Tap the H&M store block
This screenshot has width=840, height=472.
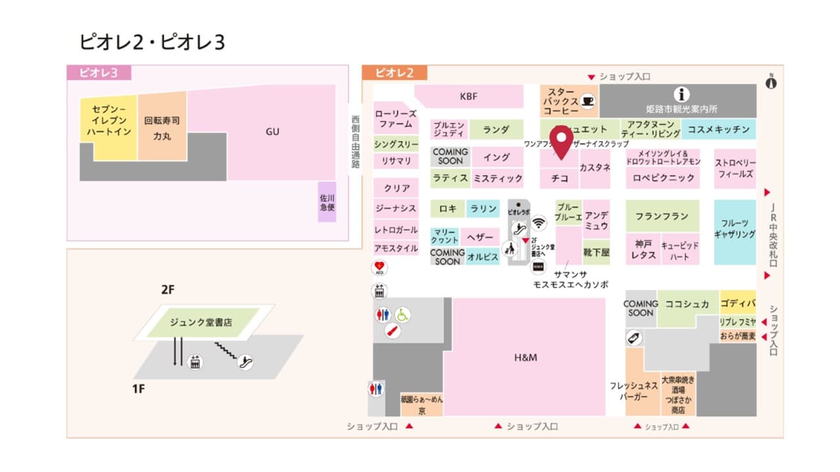[525, 357]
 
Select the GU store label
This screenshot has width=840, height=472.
[272, 132]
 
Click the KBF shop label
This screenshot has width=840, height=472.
[469, 96]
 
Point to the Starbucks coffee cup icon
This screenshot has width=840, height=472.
[587, 101]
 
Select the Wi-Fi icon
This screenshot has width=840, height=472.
[539, 223]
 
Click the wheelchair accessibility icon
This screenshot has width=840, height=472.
[402, 315]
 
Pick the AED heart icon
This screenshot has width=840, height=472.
[379, 267]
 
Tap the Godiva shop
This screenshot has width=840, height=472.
[738, 304]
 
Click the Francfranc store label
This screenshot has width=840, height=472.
[661, 216]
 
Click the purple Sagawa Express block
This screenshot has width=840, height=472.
[327, 202]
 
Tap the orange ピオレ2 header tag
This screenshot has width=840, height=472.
[394, 73]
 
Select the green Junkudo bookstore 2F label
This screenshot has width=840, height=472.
[201, 322]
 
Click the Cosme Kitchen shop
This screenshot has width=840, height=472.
[718, 130]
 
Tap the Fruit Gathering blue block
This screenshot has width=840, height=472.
[734, 229]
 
